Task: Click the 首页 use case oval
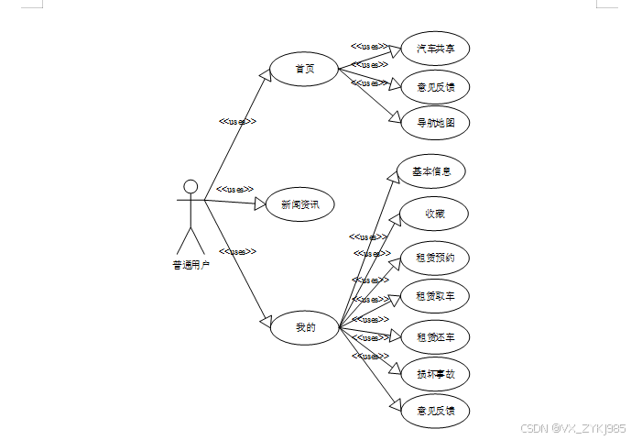point(304,70)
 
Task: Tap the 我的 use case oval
point(305,326)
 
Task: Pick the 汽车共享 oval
point(435,49)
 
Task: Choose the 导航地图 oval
point(436,122)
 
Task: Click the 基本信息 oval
point(431,171)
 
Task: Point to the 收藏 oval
point(435,214)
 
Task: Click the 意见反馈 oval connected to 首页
point(436,87)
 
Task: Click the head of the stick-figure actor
point(190,187)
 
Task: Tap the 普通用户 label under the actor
point(190,266)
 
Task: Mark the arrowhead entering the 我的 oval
point(268,321)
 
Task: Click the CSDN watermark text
point(572,428)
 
